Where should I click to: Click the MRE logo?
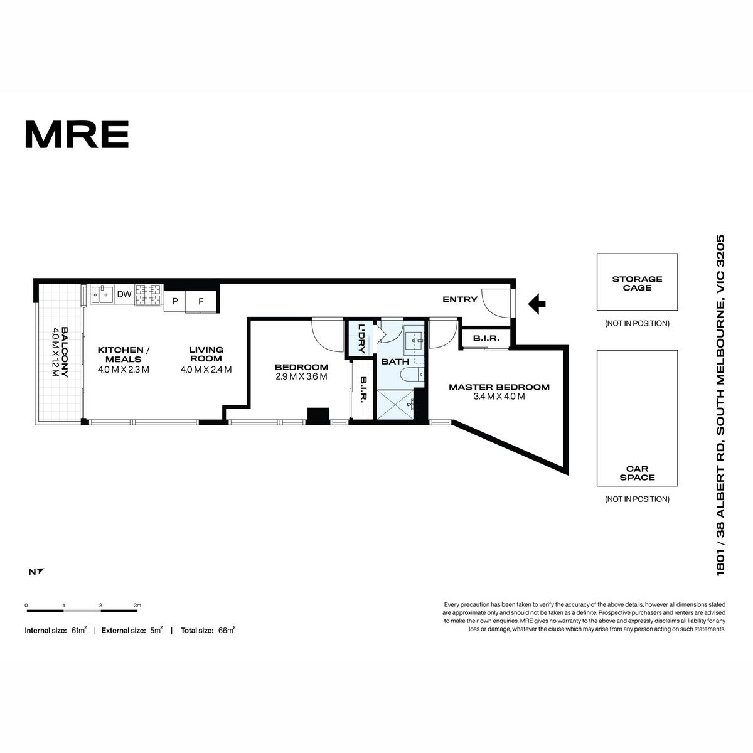point(77,134)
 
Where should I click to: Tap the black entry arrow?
point(537,304)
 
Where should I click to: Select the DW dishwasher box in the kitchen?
point(124,294)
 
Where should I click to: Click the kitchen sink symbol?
point(102,295)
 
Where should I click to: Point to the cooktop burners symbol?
point(149,295)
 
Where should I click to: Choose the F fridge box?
point(201,301)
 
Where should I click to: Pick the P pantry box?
point(174,301)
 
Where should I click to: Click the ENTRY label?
point(460,299)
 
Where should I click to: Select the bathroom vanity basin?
point(414,342)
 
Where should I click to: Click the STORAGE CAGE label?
point(637,283)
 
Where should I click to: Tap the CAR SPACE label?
point(637,473)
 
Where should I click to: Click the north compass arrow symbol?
point(40,572)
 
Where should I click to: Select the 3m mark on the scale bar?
point(137,606)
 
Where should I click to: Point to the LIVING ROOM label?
point(206,354)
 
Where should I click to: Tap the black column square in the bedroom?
point(318,416)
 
